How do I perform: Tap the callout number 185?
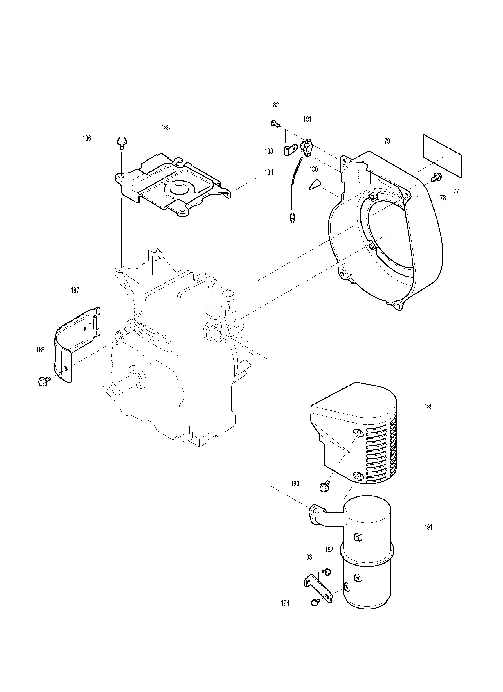pyautogui.click(x=165, y=128)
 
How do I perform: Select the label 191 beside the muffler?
pyautogui.click(x=428, y=527)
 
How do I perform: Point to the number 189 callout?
pyautogui.click(x=428, y=407)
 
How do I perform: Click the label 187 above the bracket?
pyautogui.click(x=75, y=290)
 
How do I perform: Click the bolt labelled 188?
pyautogui.click(x=42, y=381)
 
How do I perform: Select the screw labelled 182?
pyautogui.click(x=275, y=123)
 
